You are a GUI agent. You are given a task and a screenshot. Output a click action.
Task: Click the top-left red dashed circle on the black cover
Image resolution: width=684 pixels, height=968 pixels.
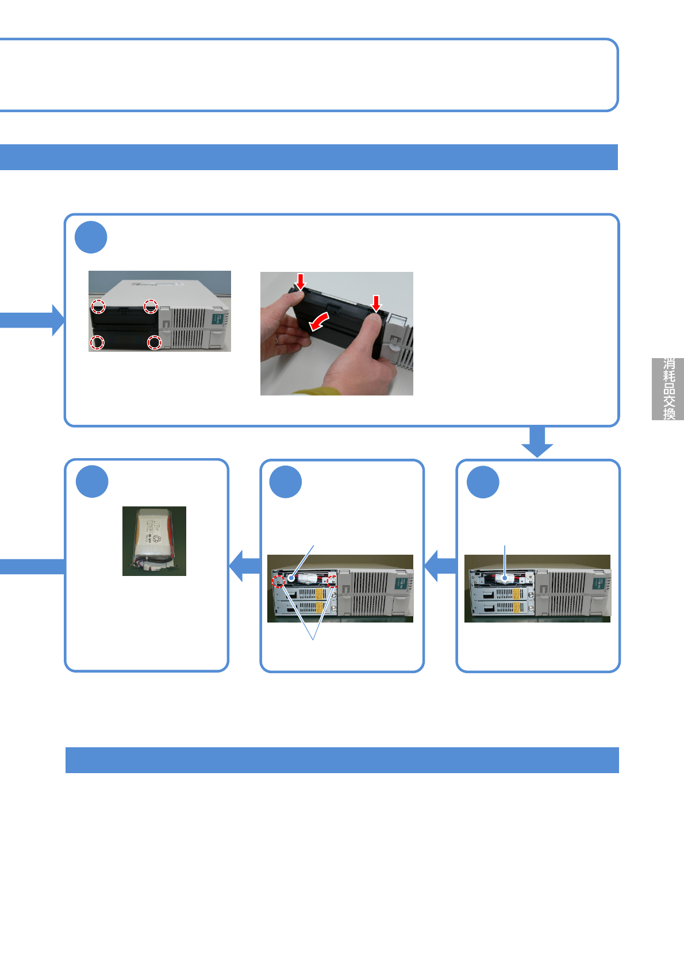(98, 306)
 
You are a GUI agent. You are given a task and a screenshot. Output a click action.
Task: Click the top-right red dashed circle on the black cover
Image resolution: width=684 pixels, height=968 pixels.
(151, 306)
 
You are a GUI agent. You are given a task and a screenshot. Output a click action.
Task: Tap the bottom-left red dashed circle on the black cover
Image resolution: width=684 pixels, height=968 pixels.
(97, 343)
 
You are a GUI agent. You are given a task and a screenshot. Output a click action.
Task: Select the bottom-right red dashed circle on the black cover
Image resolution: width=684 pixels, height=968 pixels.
(154, 343)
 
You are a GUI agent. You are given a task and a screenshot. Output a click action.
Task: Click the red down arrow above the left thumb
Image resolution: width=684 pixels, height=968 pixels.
(300, 281)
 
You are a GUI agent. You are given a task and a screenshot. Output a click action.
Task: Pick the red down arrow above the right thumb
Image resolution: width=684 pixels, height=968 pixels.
(376, 303)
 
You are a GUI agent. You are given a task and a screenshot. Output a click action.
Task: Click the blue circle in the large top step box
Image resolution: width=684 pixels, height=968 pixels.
(91, 237)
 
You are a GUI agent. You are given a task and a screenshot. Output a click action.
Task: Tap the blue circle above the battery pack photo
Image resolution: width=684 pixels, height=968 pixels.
(92, 482)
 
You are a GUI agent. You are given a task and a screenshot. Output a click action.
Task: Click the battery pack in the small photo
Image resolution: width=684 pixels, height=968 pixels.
(153, 540)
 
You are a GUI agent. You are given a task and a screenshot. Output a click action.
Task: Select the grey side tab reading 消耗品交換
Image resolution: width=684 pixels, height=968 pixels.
(668, 389)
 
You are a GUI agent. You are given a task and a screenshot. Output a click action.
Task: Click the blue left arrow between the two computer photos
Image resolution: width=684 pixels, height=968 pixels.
(441, 566)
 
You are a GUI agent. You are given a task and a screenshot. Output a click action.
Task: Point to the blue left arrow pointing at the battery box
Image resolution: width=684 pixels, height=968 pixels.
(245, 566)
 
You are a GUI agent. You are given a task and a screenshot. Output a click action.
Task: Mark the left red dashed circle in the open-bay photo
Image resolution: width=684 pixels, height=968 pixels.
(278, 581)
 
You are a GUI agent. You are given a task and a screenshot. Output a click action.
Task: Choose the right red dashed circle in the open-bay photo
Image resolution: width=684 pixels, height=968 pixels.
(332, 581)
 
